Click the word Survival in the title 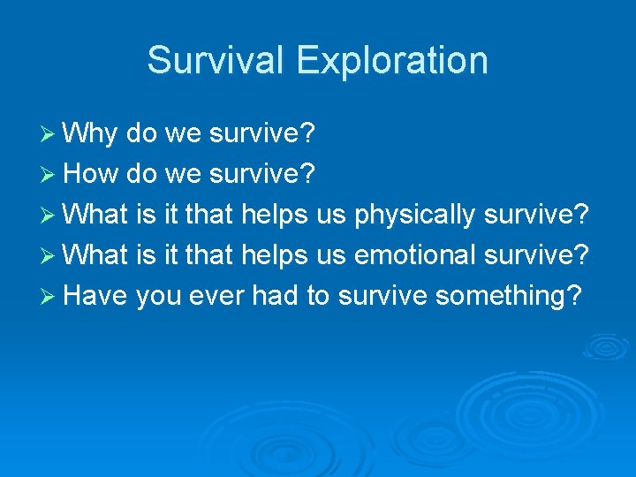click(216, 60)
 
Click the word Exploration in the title click(392, 60)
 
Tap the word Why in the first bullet click(92, 133)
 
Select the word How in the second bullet click(93, 173)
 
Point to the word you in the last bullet click(158, 295)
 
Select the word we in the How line click(184, 174)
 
